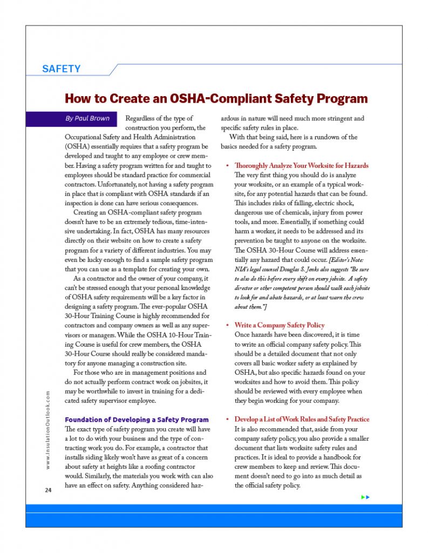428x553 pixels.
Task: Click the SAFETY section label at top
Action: (62, 69)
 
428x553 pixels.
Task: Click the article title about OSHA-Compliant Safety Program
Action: (216, 99)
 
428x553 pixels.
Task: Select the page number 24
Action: (48, 490)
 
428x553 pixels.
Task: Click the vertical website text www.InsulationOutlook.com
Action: (48, 429)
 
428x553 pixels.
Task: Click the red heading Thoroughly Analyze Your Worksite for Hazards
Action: (301, 165)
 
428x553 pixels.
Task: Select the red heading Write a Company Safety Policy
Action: (279, 325)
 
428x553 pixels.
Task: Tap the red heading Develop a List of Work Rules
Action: (302, 420)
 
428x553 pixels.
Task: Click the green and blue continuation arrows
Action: (365, 497)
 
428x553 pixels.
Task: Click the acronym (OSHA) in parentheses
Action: (79, 146)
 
